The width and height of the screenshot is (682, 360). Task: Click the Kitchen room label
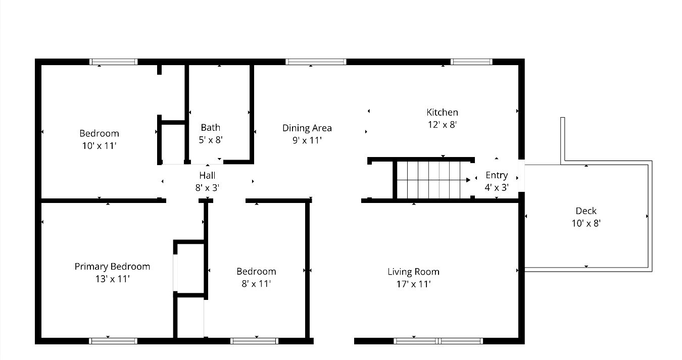pos(442,112)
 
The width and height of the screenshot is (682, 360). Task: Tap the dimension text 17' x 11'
pos(413,284)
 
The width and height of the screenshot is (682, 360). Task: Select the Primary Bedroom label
pos(112,266)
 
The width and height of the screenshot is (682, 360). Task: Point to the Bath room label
pos(210,128)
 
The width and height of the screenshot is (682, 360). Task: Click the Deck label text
pos(586,211)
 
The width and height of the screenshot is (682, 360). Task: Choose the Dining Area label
pos(307,128)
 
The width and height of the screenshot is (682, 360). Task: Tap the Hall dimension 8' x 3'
pos(207,188)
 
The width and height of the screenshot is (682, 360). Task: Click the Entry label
pos(496,175)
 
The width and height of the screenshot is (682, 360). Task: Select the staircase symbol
pos(432,180)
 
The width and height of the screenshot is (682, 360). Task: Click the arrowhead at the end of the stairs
pos(468,179)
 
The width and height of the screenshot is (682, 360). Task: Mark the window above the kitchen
pos(471,62)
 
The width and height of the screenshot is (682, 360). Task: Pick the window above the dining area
pos(316,62)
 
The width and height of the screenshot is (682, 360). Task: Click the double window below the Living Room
pos(438,341)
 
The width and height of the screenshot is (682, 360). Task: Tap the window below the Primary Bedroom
pos(113,341)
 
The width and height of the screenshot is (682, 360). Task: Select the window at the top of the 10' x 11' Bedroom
pos(114,62)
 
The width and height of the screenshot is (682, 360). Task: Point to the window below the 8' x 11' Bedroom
pos(254,341)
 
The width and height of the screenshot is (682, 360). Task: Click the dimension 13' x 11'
pos(112,279)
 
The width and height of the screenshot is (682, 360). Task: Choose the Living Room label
pos(413,272)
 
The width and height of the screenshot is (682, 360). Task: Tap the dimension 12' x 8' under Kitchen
pos(442,125)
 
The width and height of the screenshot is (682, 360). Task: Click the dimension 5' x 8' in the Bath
pos(210,140)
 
